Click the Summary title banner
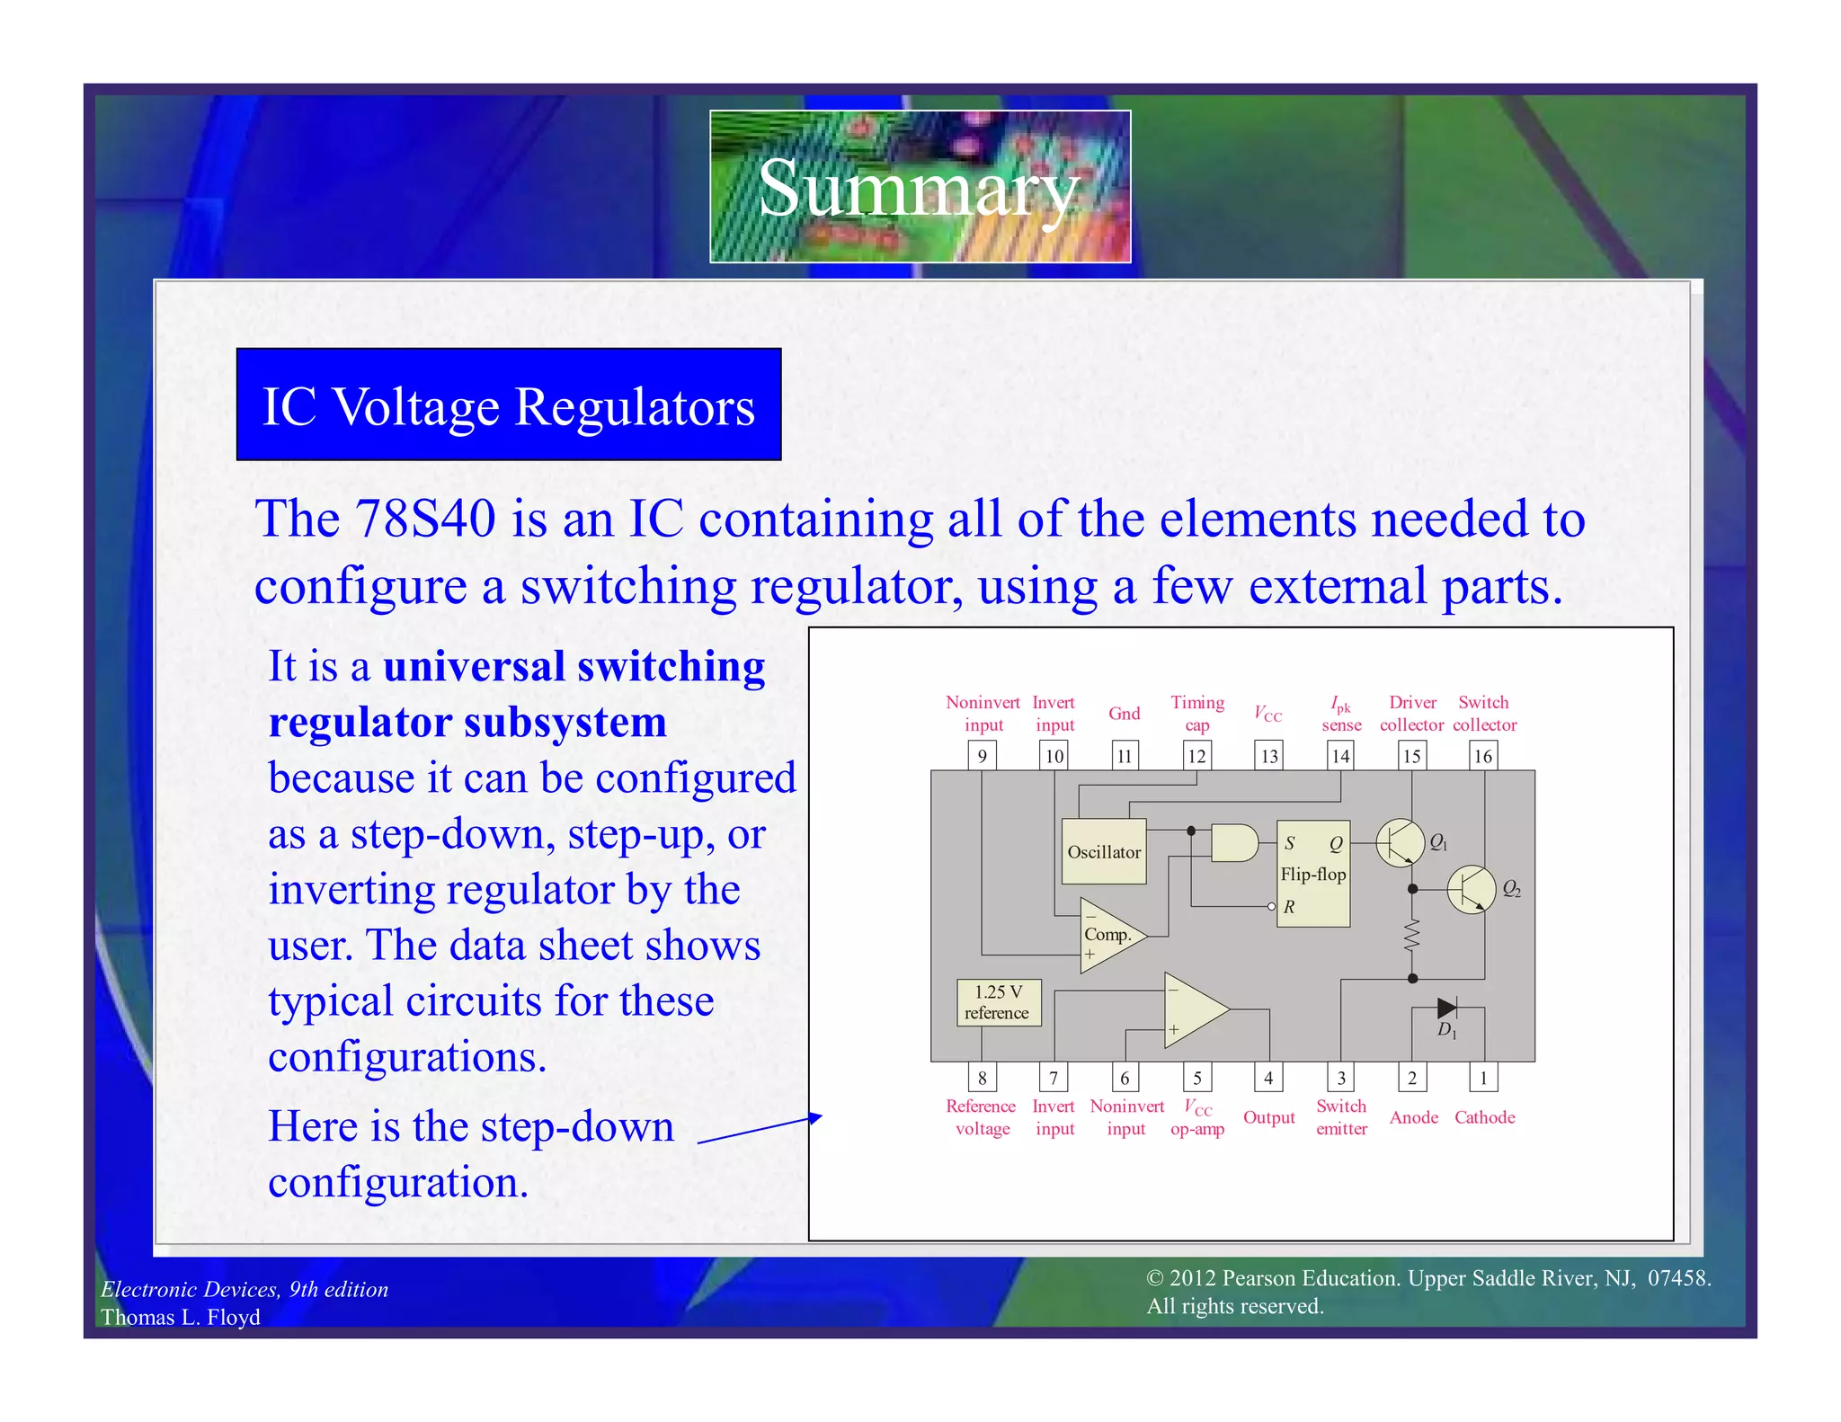pyautogui.click(x=920, y=186)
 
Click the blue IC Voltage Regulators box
pyautogui.click(x=509, y=404)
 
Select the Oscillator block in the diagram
pyautogui.click(x=1104, y=851)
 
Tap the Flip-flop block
pyautogui.click(x=1312, y=874)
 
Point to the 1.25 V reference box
pyautogui.click(x=998, y=1002)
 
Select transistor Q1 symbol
pyautogui.click(x=1400, y=842)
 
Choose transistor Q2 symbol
pyautogui.click(x=1472, y=889)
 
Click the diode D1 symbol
pyautogui.click(x=1446, y=1008)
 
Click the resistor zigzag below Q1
pyautogui.click(x=1412, y=936)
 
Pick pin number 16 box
pyautogui.click(x=1483, y=756)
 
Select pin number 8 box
pyautogui.click(x=982, y=1078)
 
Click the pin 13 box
pyautogui.click(x=1268, y=756)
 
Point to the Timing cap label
pyautogui.click(x=1196, y=713)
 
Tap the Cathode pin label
pyautogui.click(x=1484, y=1117)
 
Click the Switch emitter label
pyautogui.click(x=1341, y=1117)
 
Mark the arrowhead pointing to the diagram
pyautogui.click(x=816, y=1117)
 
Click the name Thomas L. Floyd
pyautogui.click(x=181, y=1317)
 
